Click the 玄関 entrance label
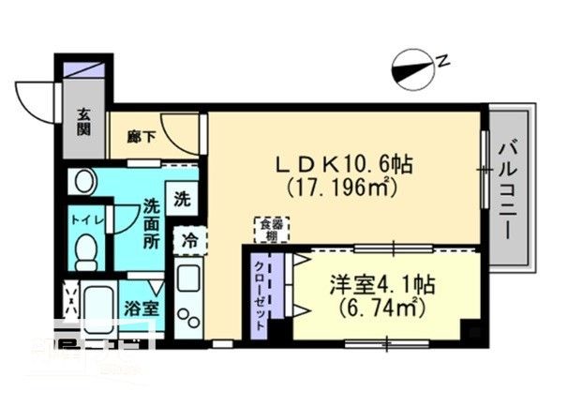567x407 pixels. (83, 123)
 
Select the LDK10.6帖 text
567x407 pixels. (344, 164)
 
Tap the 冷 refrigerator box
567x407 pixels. (188, 241)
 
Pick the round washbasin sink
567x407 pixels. (83, 180)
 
